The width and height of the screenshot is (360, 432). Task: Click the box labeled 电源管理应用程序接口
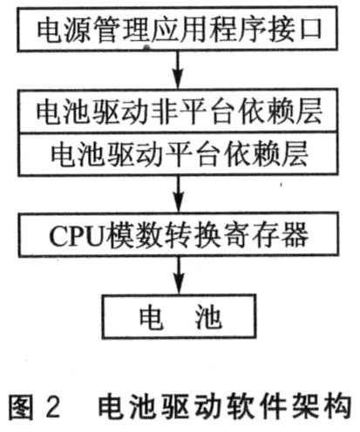pyautogui.click(x=177, y=29)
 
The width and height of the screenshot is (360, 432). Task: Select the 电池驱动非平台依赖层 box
pyautogui.click(x=178, y=111)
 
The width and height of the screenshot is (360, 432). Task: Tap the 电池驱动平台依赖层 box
pyautogui.click(x=178, y=154)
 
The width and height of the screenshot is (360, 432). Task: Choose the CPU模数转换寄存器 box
pyautogui.click(x=178, y=234)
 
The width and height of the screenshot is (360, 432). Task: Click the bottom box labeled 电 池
pyautogui.click(x=179, y=316)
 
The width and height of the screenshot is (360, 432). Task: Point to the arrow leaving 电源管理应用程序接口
pyautogui.click(x=178, y=71)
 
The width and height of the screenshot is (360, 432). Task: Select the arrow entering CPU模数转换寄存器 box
pyautogui.click(x=179, y=194)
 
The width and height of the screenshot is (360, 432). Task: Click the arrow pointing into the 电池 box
pyautogui.click(x=179, y=276)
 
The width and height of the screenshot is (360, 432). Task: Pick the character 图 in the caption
pyautogui.click(x=19, y=406)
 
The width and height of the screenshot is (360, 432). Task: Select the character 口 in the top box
pyautogui.click(x=310, y=29)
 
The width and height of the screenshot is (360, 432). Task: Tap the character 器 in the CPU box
pyautogui.click(x=295, y=235)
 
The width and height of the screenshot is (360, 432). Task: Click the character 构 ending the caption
pyautogui.click(x=337, y=406)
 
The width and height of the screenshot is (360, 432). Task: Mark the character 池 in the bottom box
pyautogui.click(x=208, y=317)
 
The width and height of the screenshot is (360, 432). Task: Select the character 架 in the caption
pyautogui.click(x=305, y=406)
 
